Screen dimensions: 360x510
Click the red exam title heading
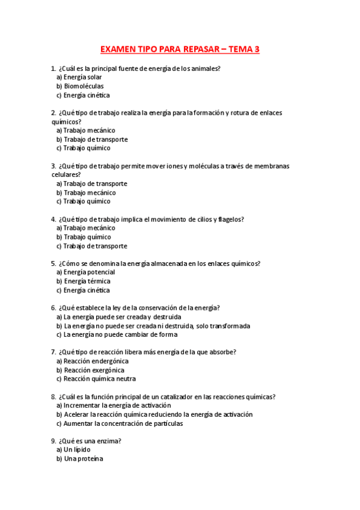click(180, 49)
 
